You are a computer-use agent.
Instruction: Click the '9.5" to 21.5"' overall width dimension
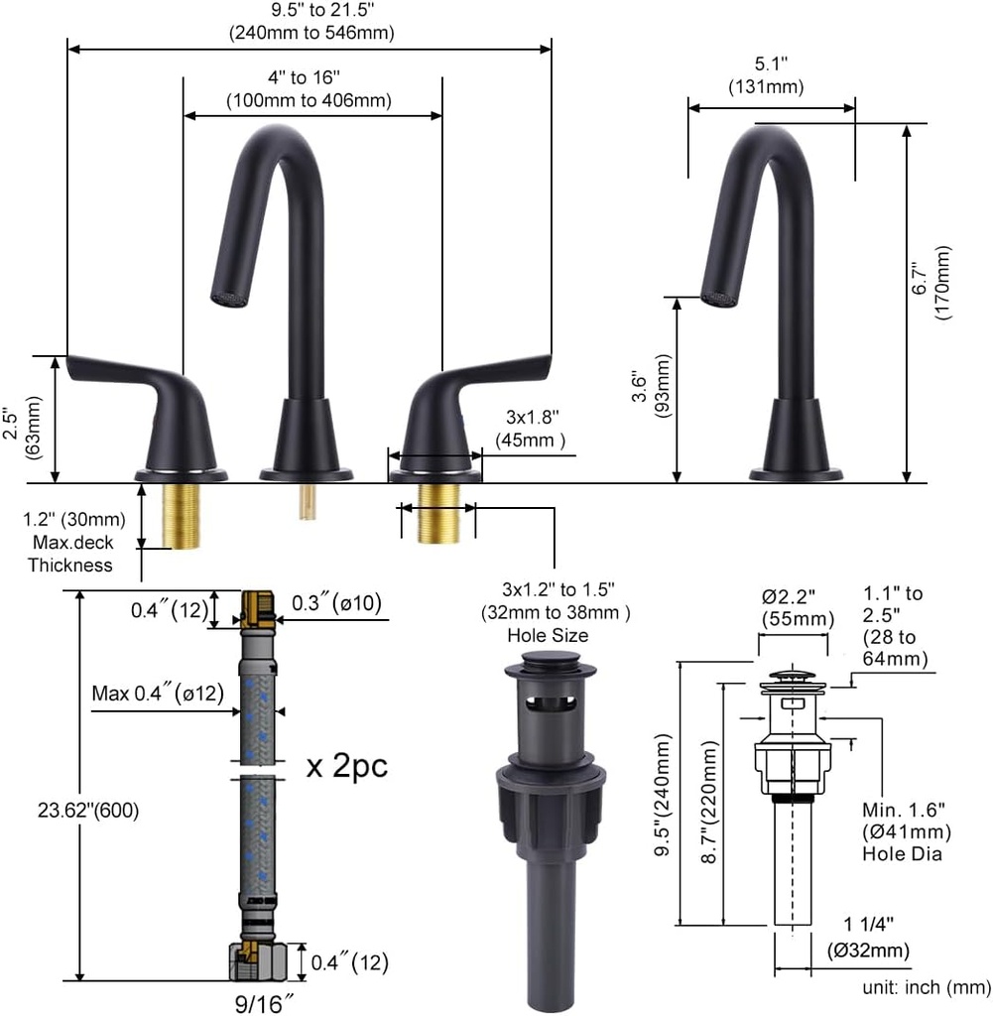[311, 11]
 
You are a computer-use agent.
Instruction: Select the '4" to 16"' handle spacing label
[309, 77]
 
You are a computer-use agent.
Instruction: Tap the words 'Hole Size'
[547, 635]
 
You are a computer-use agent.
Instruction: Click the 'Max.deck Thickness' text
[70, 554]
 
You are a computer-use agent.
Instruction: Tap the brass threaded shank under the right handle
[438, 513]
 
